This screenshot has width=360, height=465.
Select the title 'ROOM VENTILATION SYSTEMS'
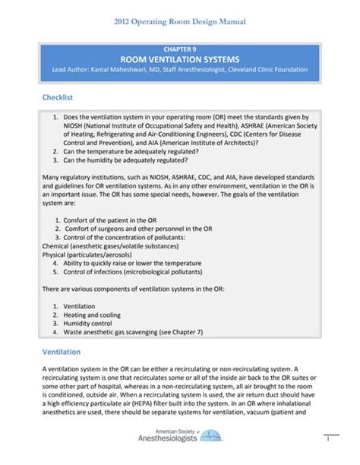pos(180,59)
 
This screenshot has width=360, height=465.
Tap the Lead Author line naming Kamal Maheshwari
pos(180,70)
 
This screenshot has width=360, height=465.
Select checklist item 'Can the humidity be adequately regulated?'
pos(125,160)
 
